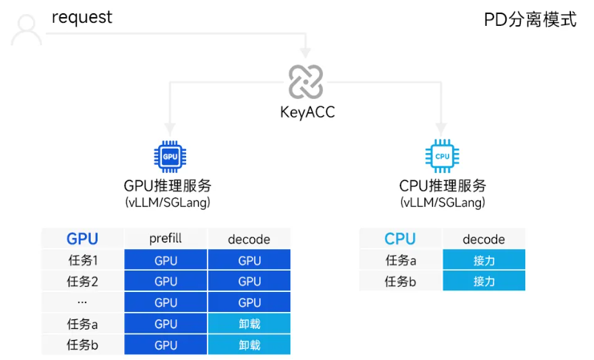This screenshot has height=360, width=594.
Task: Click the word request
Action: click(x=82, y=17)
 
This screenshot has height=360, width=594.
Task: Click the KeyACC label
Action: click(x=305, y=112)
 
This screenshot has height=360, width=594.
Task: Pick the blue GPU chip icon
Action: click(x=171, y=156)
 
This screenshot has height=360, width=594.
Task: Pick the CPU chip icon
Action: click(x=442, y=156)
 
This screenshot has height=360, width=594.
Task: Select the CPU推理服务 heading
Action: click(x=443, y=186)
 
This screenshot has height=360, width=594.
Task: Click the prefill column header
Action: click(x=165, y=238)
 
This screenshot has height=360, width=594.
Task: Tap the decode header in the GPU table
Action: click(x=249, y=239)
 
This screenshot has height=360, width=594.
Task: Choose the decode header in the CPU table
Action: click(x=484, y=239)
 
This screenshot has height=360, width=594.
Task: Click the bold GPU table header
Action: click(x=82, y=239)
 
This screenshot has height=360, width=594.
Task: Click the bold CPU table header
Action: click(x=400, y=239)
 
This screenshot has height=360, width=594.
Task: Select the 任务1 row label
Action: click(x=82, y=260)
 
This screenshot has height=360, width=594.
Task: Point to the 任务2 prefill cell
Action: click(x=165, y=282)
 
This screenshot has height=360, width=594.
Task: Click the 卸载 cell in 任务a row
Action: click(x=249, y=324)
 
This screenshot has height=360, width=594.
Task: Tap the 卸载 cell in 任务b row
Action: click(x=249, y=344)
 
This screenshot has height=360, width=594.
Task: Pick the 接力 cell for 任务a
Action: click(x=484, y=260)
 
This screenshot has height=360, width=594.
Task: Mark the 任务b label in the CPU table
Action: click(x=400, y=282)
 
